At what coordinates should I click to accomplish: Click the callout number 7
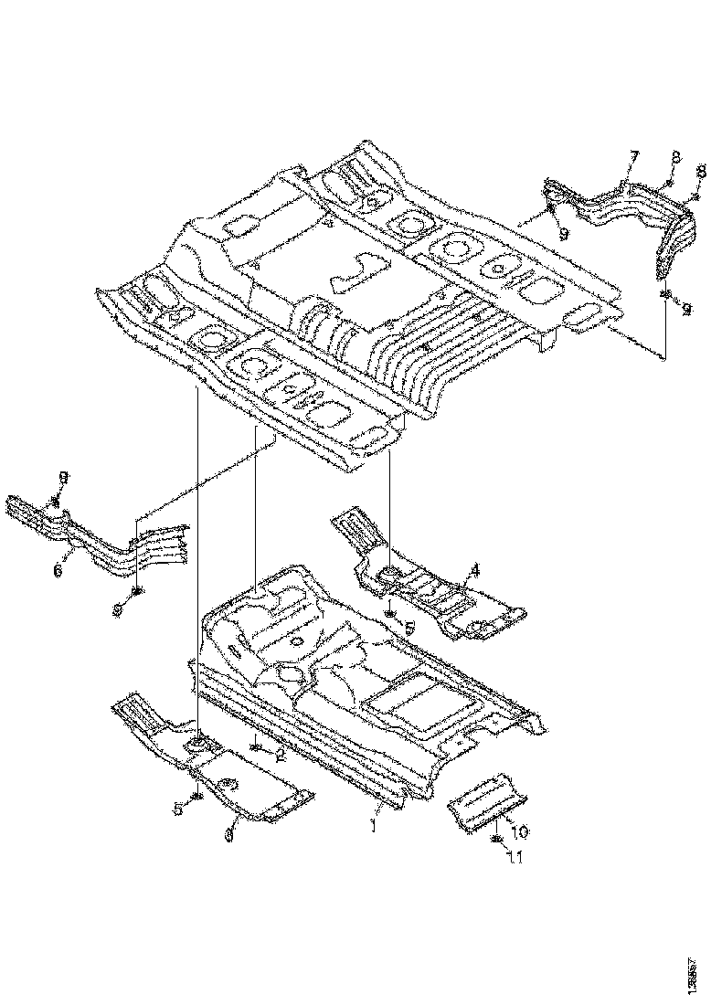[x=633, y=157]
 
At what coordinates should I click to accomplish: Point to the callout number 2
[x=281, y=755]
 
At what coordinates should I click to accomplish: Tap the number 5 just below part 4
[x=409, y=628]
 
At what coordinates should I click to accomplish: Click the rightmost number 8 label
[x=702, y=172]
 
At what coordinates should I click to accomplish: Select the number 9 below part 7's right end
[x=686, y=310]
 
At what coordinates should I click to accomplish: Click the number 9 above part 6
[x=63, y=477]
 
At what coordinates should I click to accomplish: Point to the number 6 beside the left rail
[x=58, y=570]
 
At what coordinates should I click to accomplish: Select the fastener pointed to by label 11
[x=494, y=839]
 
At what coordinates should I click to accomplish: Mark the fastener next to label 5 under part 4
[x=391, y=615]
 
